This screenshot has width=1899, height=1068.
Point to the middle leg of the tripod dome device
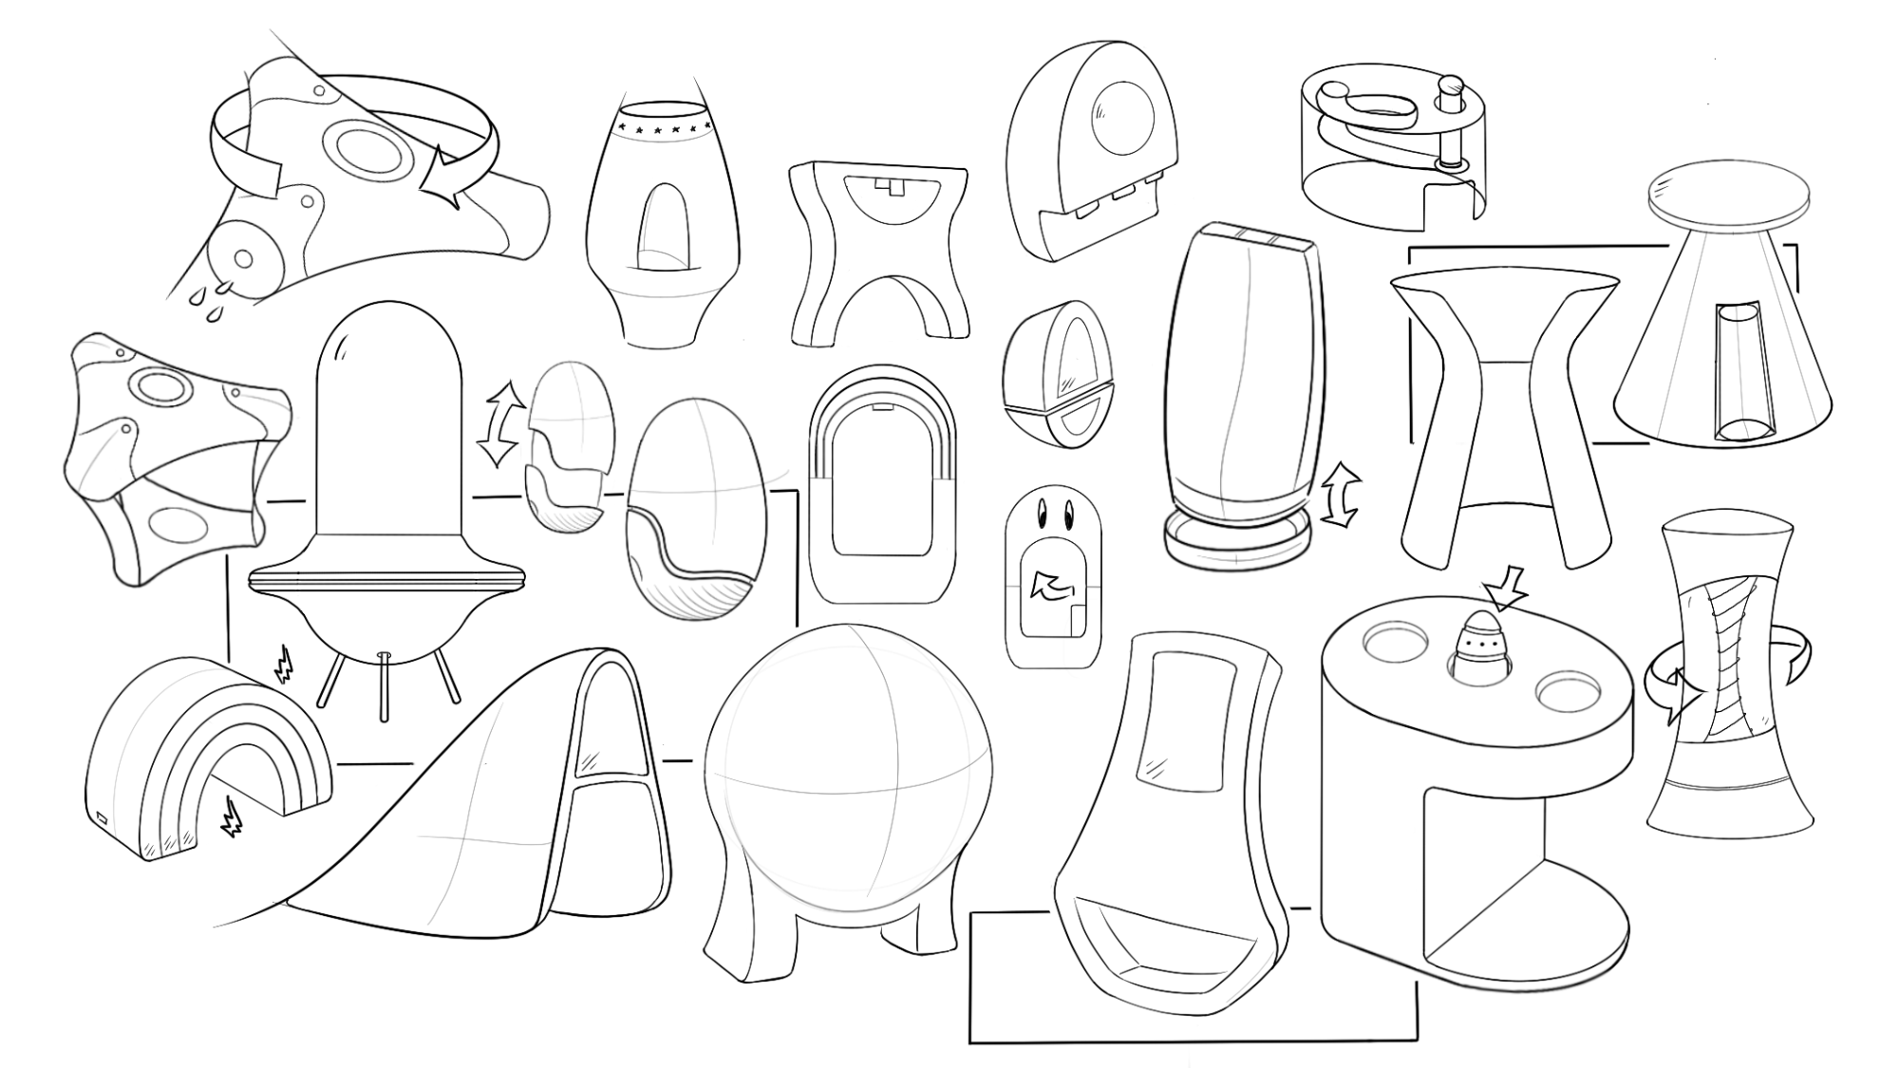[385, 686]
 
